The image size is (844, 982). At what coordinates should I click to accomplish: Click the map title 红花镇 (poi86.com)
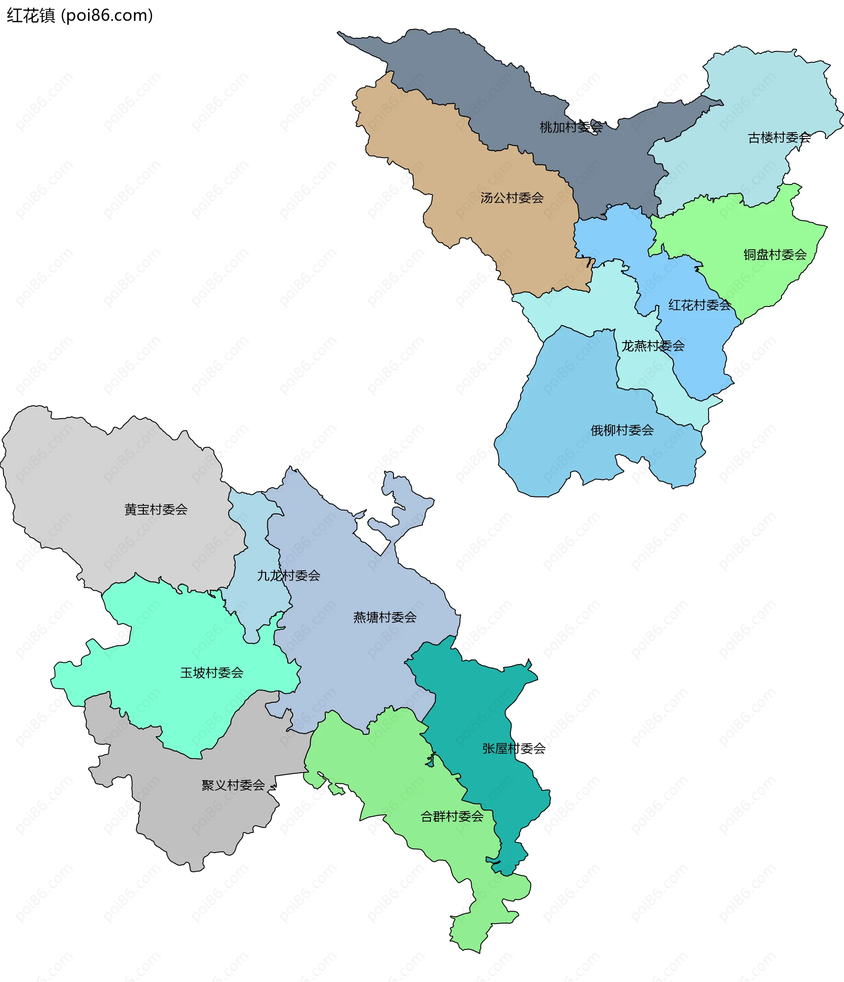[x=80, y=16]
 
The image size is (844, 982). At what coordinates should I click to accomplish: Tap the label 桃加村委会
[x=571, y=127]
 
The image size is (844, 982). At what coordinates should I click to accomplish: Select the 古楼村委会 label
[x=779, y=138]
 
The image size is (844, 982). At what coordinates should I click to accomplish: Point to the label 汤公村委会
[x=512, y=197]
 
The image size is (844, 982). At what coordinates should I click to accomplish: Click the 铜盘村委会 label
[x=775, y=255]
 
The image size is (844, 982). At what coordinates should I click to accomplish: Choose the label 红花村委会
[x=699, y=305]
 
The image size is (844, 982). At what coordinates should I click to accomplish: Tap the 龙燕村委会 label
[x=653, y=346]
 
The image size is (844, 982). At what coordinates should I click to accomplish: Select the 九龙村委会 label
[x=288, y=575]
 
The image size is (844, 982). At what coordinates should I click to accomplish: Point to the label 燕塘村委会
[x=385, y=617]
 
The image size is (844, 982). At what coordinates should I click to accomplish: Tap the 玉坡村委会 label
[x=211, y=672]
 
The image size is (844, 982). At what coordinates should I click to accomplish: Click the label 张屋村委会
[x=514, y=748]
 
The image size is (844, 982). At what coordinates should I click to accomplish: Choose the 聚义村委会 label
[x=233, y=785]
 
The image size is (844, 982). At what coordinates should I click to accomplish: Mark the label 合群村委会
[x=452, y=816]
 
